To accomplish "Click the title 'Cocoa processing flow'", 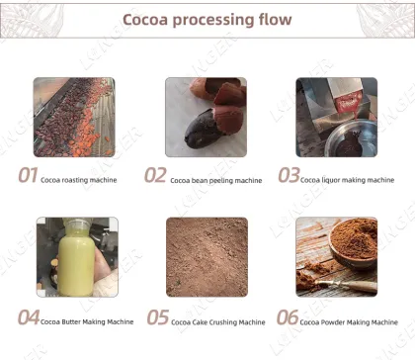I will point(207,20).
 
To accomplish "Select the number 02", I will point(156,176).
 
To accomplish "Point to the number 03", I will point(288,176).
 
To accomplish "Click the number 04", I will point(29,317).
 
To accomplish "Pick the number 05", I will point(158,317).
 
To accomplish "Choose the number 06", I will point(288,317).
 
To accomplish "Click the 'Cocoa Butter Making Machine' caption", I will point(87,320).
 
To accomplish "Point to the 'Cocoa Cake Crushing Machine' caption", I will point(218,321).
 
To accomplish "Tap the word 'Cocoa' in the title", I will point(151,20).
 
